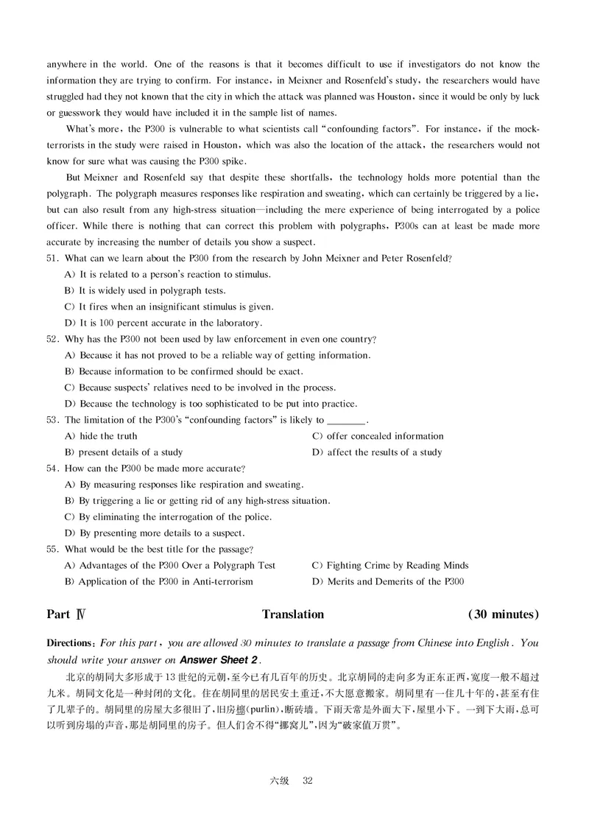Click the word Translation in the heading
[293, 614]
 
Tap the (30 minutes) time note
[504, 614]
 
